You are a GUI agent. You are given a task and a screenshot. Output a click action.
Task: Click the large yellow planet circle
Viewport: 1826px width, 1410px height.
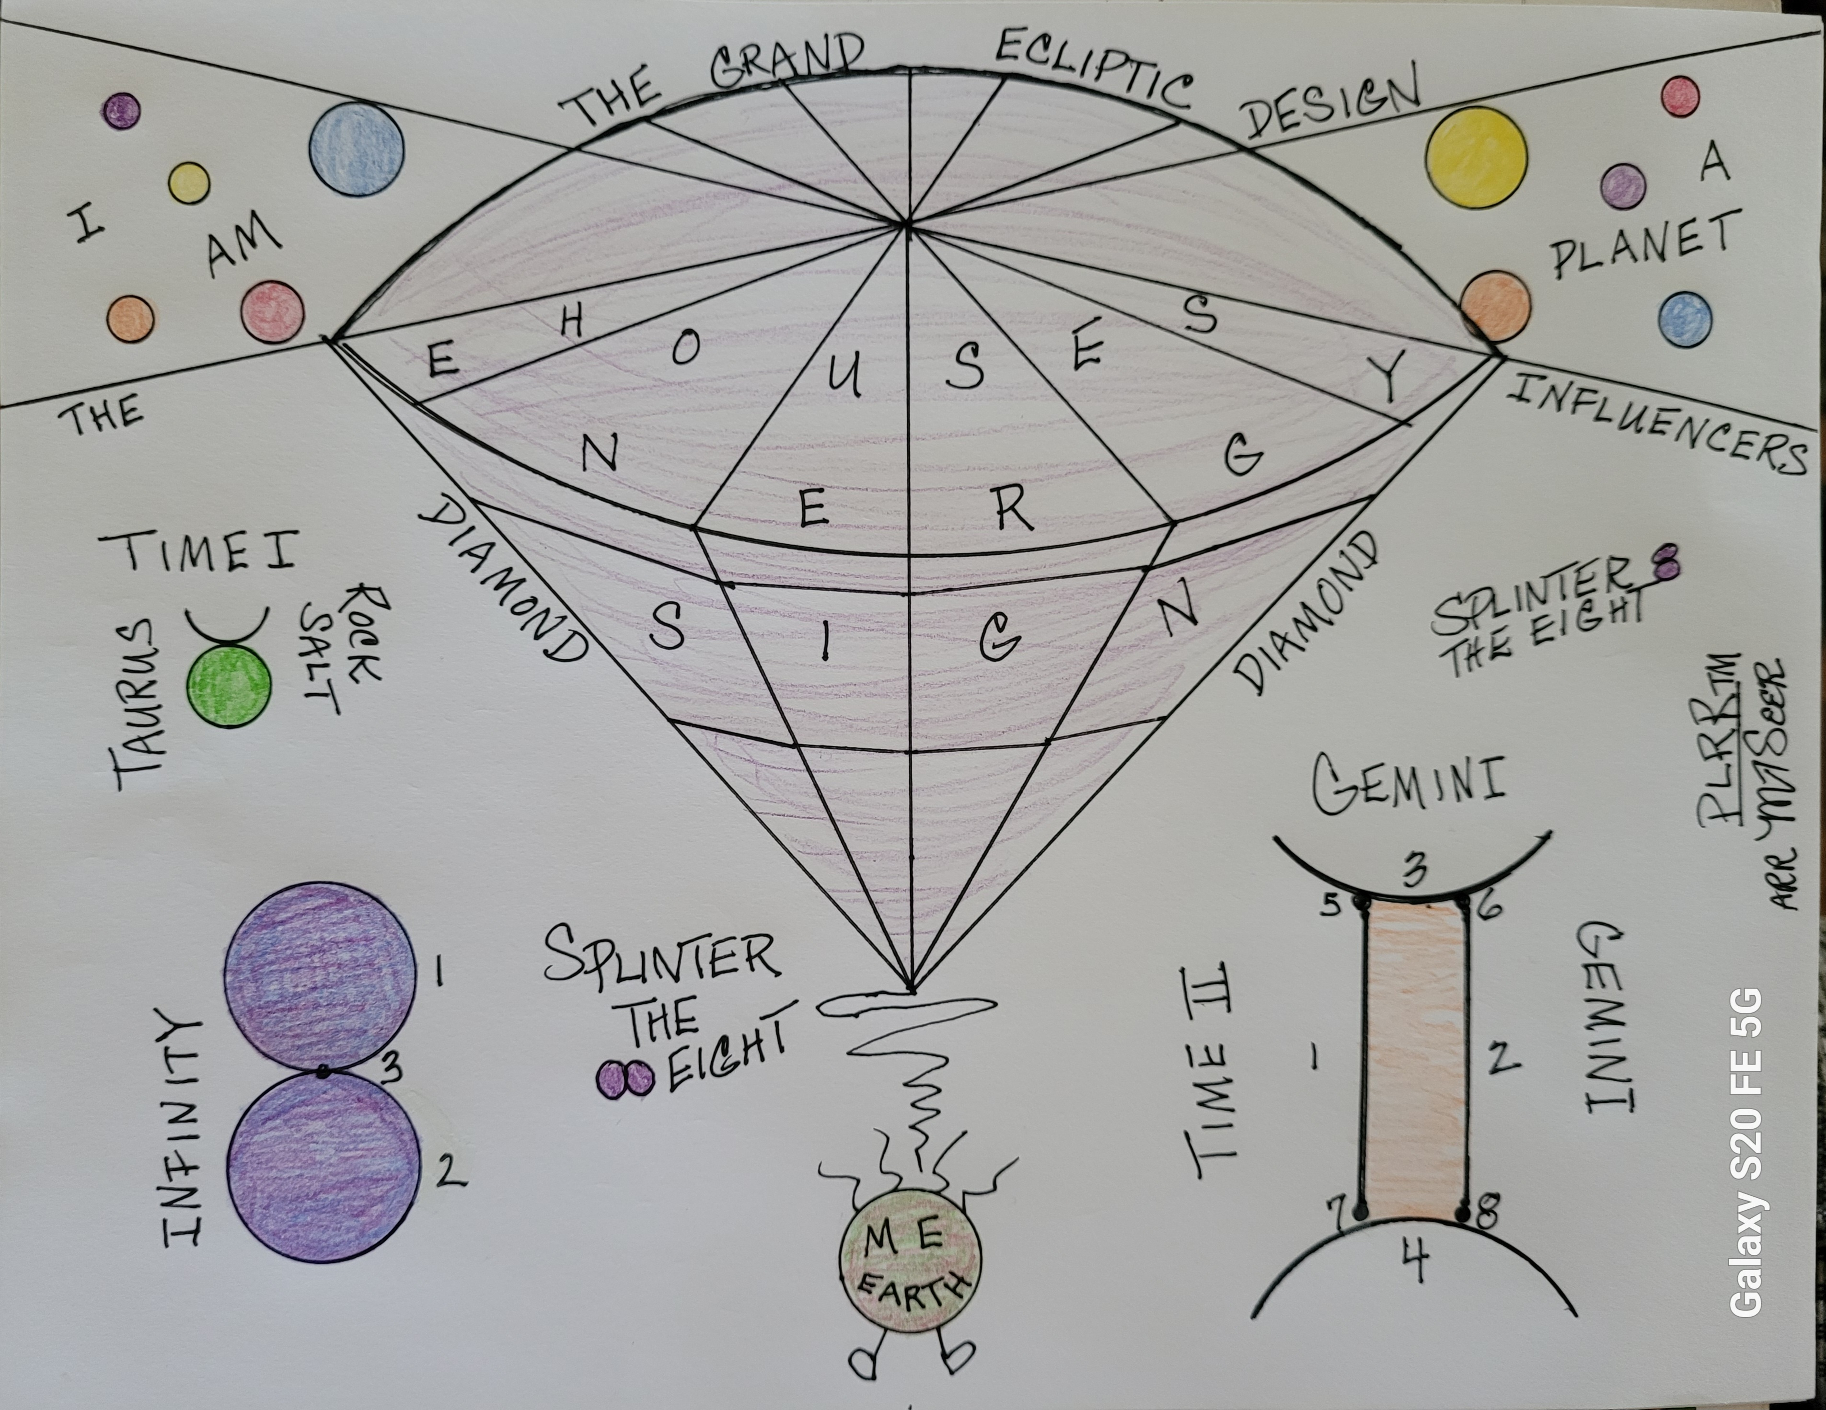1476,158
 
